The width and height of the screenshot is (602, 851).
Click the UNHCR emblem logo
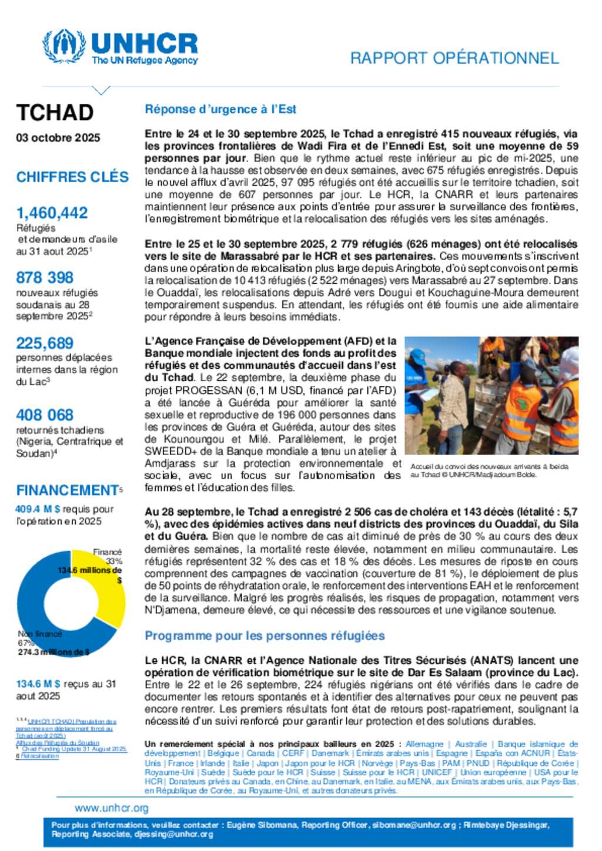pos(63,46)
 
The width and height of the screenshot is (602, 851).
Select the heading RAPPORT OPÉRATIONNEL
pos(454,58)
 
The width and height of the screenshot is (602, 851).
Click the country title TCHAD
pos(55,112)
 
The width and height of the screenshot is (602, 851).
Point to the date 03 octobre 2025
pos(58,137)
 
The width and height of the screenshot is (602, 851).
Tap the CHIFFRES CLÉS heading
pos(72,177)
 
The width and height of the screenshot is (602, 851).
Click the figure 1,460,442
pos(52,213)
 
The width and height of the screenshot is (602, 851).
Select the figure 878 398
pos(45,277)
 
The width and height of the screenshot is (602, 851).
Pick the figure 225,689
pos(45,343)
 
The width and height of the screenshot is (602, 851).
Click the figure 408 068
pos(45,415)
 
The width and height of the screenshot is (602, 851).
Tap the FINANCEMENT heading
pos(67,490)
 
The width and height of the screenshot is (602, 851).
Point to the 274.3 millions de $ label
pos(53,652)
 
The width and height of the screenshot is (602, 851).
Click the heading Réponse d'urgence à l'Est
pos(220,109)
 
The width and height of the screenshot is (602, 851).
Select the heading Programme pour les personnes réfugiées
pos(265,635)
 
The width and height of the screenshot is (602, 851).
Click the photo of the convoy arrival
pos(491,395)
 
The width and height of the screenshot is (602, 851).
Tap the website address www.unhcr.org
pos(112,808)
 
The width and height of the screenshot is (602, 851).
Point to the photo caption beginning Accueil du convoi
pos(489,470)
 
